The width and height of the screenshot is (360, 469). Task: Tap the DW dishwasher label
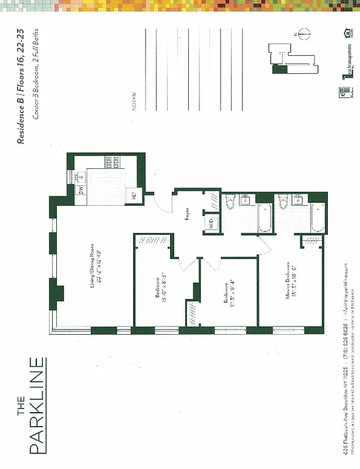81,190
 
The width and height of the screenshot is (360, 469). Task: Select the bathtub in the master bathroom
317,217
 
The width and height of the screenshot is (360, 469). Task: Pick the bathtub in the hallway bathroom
264,217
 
